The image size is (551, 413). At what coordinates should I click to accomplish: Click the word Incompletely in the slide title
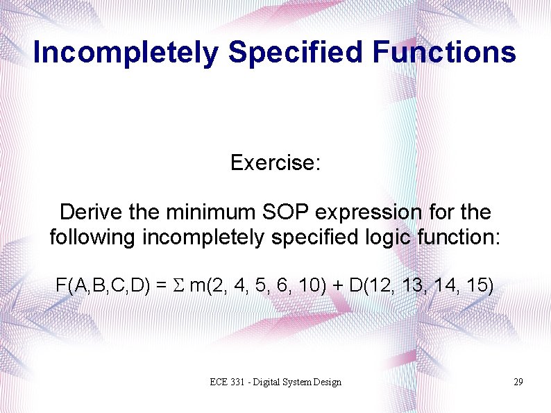(125, 53)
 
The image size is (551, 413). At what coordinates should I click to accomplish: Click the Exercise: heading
(275, 163)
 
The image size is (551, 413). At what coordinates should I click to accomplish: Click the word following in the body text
(93, 237)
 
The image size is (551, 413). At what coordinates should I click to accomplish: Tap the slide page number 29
(518, 382)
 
